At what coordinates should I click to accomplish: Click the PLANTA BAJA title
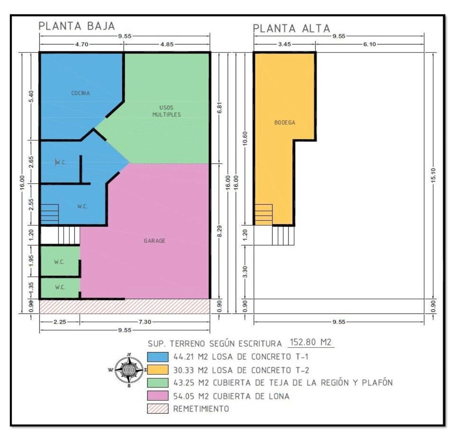coord(77,26)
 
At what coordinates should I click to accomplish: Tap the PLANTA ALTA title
coord(291,29)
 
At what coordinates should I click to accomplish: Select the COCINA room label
coord(81,93)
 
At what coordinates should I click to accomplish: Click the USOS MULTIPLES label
coord(166,111)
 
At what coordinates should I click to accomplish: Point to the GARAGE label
coord(155,241)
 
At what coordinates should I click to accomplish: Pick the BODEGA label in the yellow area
coord(285,123)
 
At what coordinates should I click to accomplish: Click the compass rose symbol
coord(128,370)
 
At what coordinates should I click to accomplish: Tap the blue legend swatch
coord(157,357)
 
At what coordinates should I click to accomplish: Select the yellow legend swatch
coord(157,370)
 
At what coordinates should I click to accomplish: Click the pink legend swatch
coord(157,395)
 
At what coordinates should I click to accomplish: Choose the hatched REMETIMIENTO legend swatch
coord(157,408)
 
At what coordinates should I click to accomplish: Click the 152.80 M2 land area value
coord(311,342)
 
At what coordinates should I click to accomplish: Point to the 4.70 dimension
coord(81,44)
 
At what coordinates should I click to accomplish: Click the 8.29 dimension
coord(220,231)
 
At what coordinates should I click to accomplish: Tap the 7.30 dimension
coord(145,322)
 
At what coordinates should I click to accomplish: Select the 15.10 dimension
coord(433,175)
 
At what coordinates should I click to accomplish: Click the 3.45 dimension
coord(284,44)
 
